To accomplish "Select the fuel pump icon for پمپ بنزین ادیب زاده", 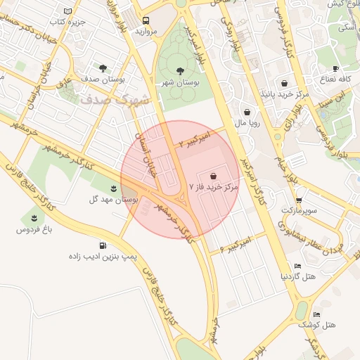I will (103, 245).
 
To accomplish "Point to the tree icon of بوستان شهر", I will (179, 70).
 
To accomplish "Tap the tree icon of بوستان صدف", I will (103, 68).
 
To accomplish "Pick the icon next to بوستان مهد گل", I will (114, 187).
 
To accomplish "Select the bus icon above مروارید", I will (146, 20).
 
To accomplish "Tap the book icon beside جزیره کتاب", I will (67, 11).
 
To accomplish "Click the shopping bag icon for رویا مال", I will (247, 111).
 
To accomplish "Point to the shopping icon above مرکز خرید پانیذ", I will (284, 83).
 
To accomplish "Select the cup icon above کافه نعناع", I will (335, 68).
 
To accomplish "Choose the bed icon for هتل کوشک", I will (316, 314).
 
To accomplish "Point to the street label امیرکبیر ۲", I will (195, 137).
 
